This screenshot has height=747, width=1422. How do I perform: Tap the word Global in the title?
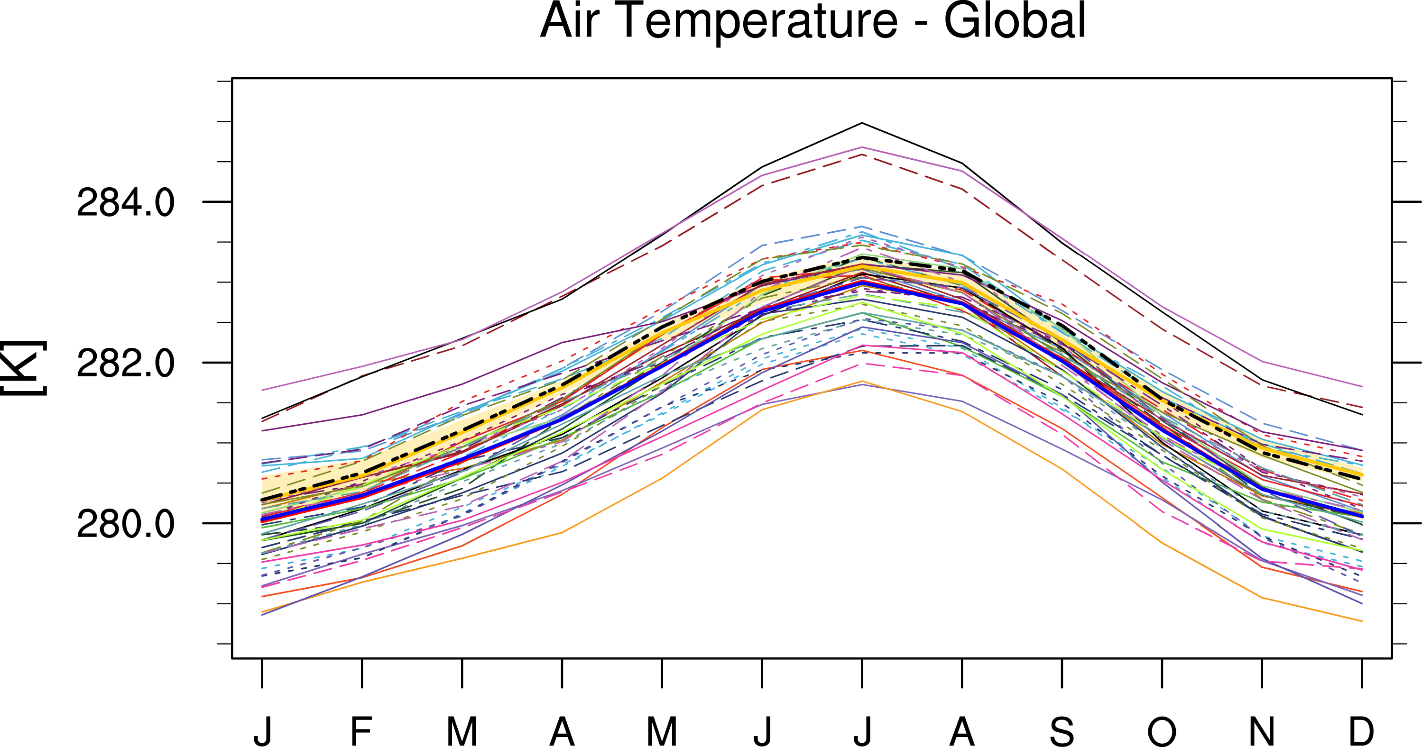pos(1015,21)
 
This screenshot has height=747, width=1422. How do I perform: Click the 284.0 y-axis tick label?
pos(125,202)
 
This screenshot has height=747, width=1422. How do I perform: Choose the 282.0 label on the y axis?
pos(125,364)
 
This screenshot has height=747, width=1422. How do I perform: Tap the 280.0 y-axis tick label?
pos(125,524)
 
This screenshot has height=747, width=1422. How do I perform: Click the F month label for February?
pos(361,731)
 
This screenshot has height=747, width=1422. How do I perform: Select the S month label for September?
pos(1062,731)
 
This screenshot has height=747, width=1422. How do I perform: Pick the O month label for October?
pos(1162,731)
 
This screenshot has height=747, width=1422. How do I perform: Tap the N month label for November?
pos(1262,731)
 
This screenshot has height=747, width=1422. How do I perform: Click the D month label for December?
pos(1362,731)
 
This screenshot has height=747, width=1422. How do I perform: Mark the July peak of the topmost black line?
pos(862,123)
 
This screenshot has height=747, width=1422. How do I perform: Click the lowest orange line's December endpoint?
pos(1362,621)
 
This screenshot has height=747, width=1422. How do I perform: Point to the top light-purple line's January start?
pos(262,390)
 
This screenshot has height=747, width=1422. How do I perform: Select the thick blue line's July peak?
pos(862,282)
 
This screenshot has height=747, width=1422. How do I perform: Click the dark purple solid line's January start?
pos(262,430)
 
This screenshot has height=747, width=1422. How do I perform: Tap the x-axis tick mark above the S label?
pos(1062,674)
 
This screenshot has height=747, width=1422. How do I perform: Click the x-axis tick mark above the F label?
pos(361,674)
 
